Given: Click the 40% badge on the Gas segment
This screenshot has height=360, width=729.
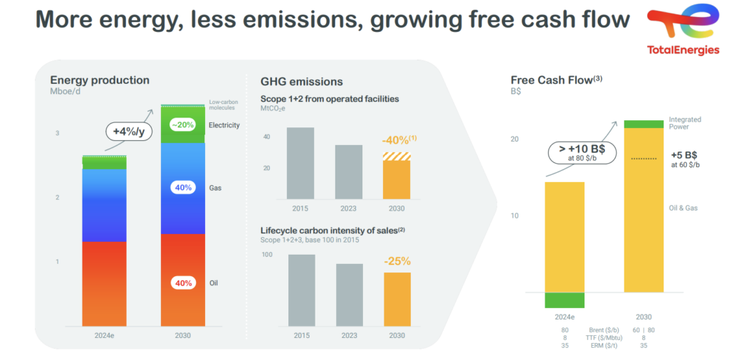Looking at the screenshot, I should [x=183, y=188].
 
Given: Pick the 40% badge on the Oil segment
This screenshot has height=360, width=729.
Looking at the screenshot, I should [x=183, y=282].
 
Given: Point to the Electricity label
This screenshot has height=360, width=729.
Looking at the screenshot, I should [x=224, y=125].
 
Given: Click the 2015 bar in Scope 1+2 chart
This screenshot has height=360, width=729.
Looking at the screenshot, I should [x=300, y=163].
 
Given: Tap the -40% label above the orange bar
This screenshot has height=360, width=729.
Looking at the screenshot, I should [x=399, y=140].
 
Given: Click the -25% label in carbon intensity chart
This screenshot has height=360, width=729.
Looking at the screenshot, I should [x=397, y=261].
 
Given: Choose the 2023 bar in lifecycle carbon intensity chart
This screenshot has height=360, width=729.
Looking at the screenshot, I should [x=349, y=295].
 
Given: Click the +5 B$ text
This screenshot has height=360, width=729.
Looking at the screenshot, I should [x=684, y=154].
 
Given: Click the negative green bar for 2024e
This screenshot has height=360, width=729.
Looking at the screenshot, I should [x=565, y=300].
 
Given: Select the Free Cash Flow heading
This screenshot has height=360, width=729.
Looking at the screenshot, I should [x=555, y=80].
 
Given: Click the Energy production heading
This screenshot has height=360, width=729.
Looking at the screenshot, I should [x=100, y=80].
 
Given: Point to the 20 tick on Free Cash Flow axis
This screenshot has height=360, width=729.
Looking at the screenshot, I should [x=515, y=139].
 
